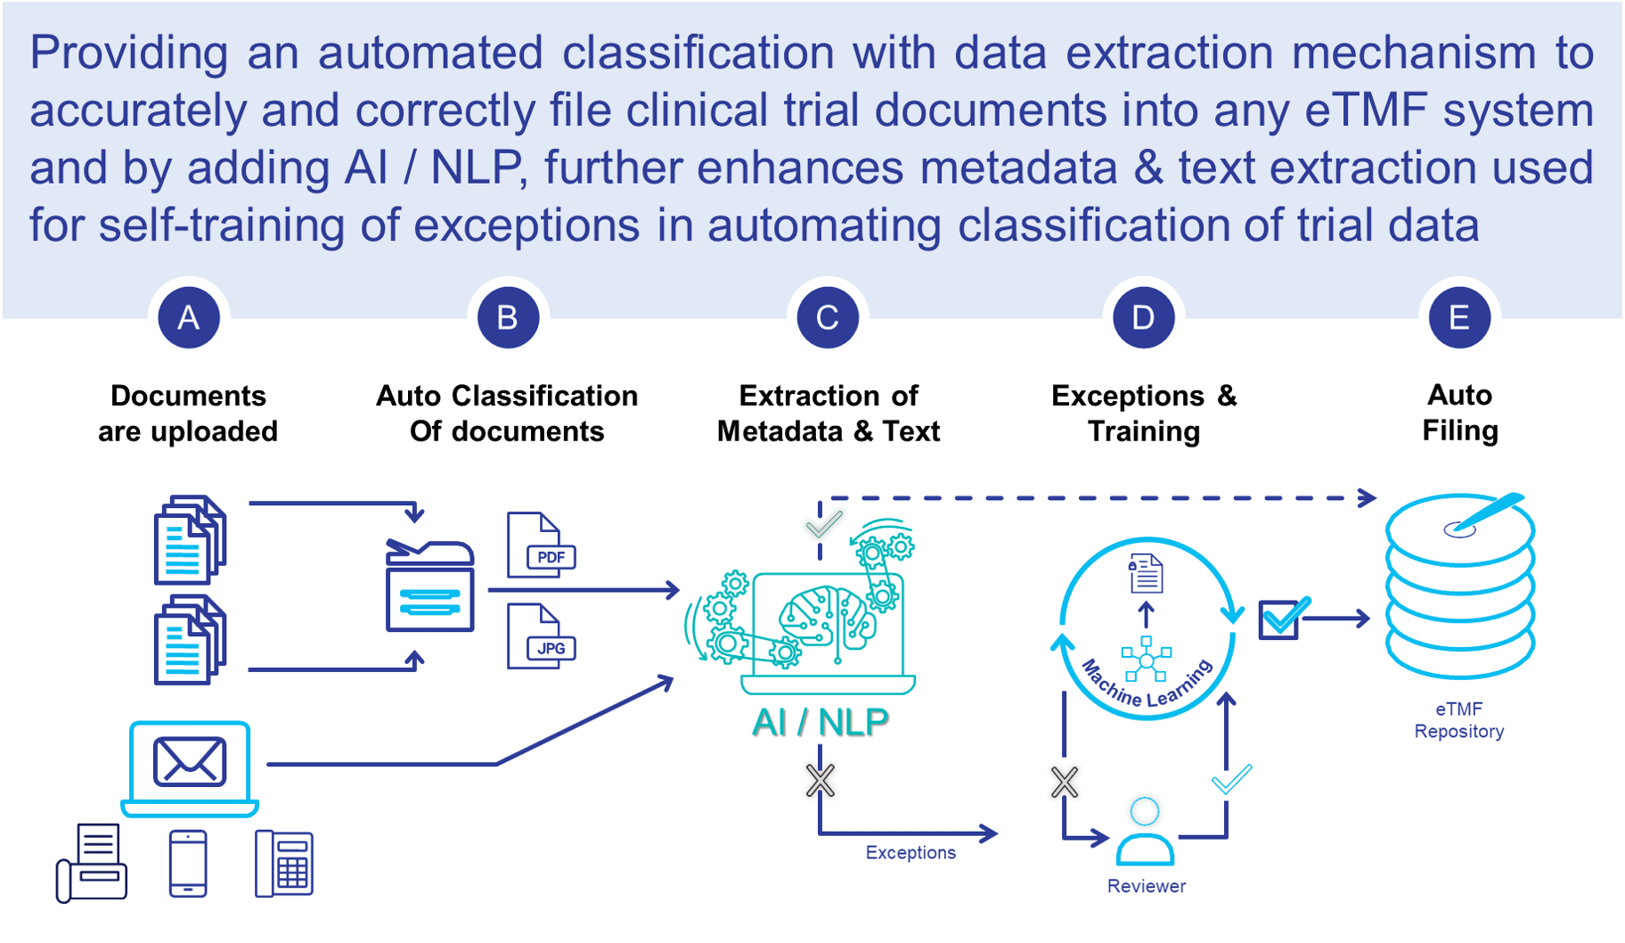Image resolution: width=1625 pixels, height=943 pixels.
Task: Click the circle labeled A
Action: click(189, 317)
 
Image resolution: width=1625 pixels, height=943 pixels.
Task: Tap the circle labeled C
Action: click(827, 317)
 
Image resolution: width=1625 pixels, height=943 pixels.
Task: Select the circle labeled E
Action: click(1459, 317)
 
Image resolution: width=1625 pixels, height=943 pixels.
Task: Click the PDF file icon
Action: click(540, 545)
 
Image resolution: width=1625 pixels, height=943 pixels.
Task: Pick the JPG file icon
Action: click(540, 636)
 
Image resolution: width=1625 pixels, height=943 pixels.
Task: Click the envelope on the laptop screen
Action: click(190, 762)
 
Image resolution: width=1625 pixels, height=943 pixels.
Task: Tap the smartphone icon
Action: click(188, 863)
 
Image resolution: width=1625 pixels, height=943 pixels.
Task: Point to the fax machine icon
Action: click(93, 863)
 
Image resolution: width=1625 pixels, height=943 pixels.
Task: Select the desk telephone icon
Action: click(284, 863)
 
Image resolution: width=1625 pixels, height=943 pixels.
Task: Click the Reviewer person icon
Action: click(1146, 833)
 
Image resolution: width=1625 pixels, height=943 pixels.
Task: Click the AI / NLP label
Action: click(820, 722)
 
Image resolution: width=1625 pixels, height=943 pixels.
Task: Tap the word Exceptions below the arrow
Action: click(910, 853)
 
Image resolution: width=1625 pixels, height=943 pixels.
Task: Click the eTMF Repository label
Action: click(1459, 720)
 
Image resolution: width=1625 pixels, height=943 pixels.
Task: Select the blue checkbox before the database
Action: click(1280, 619)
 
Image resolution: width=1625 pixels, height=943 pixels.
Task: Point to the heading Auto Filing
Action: click(1459, 413)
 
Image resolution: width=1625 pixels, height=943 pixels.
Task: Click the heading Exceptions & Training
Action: click(1144, 413)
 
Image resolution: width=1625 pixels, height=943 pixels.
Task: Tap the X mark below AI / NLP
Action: click(821, 781)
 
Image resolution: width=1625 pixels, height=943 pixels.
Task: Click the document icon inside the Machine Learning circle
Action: click(1146, 573)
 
